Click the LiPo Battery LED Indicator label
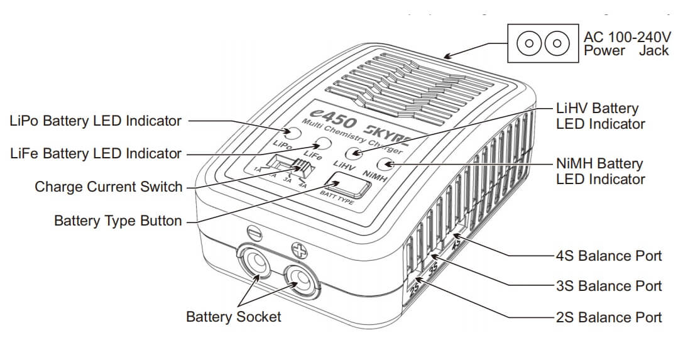tap(96, 121)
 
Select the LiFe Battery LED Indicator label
tap(96, 153)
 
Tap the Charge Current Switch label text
tap(109, 187)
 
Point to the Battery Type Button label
tap(118, 221)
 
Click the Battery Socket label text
tap(234, 317)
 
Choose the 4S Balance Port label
tap(609, 256)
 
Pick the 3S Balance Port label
tap(609, 286)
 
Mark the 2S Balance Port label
tap(609, 317)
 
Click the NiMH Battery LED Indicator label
tap(600, 171)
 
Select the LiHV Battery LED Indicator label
tap(600, 116)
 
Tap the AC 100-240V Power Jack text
tap(626, 43)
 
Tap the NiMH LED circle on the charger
tap(384, 166)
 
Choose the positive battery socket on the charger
tap(300, 276)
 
